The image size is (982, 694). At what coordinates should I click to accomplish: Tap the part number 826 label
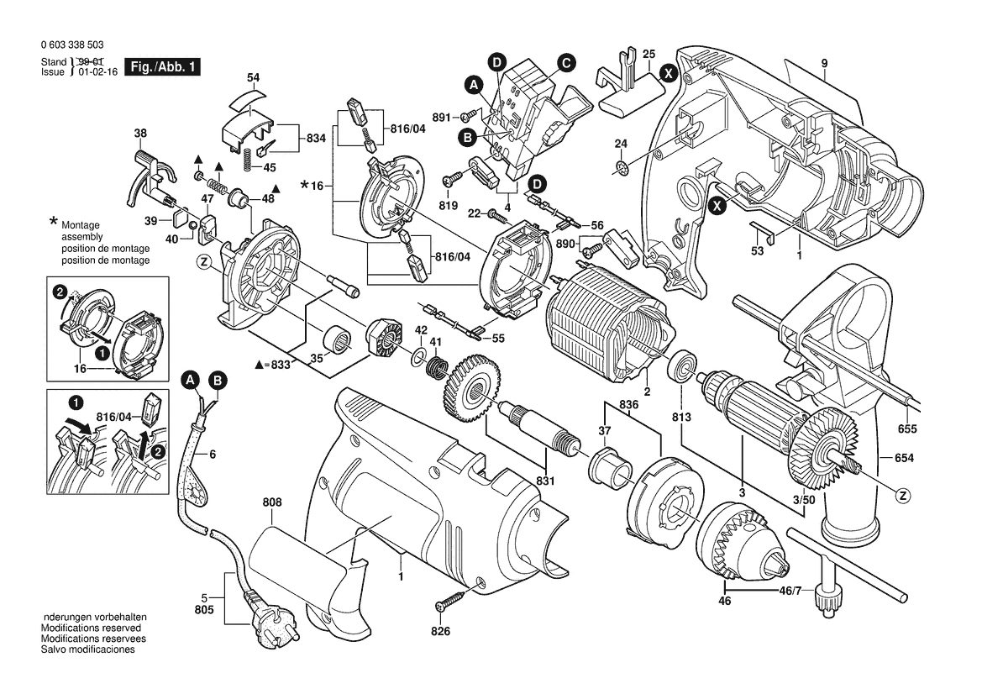coord(441,631)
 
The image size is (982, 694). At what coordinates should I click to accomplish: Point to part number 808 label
coord(272,503)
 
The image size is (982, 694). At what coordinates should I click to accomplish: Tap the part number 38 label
coord(140,133)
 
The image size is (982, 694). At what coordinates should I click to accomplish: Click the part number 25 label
coord(649,55)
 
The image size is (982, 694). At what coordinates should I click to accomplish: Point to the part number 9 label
coord(824,63)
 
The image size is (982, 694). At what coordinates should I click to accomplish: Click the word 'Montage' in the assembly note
coord(80,227)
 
